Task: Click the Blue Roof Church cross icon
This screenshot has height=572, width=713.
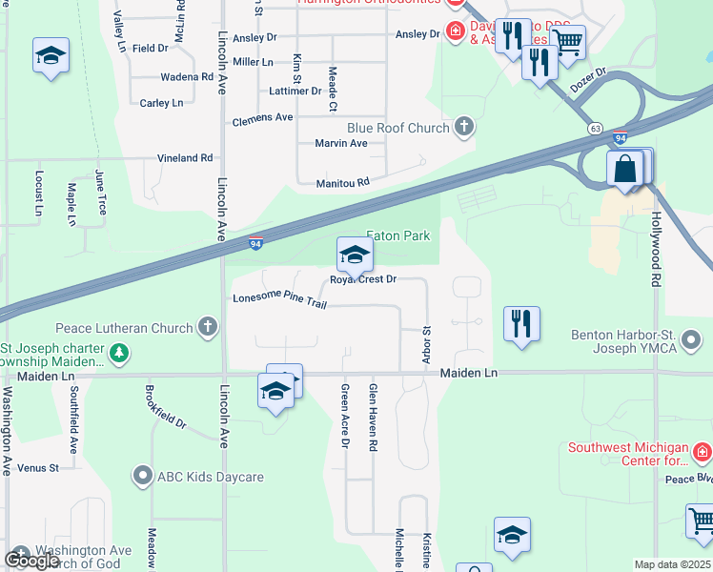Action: (464, 128)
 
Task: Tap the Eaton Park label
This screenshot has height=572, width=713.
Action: (398, 235)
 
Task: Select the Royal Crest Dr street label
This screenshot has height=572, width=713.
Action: (363, 279)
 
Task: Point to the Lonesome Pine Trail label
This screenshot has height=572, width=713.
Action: (279, 299)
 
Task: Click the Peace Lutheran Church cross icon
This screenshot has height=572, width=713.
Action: (207, 328)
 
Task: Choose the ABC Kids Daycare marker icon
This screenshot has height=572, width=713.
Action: (143, 476)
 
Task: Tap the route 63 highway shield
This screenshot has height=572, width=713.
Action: (596, 128)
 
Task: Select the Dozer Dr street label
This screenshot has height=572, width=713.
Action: (588, 80)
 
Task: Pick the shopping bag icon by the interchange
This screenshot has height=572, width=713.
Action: (624, 171)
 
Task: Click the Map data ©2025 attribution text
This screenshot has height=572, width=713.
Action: (672, 564)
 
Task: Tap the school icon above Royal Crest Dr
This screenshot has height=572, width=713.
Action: (354, 255)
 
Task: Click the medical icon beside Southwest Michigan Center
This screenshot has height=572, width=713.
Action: (702, 450)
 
